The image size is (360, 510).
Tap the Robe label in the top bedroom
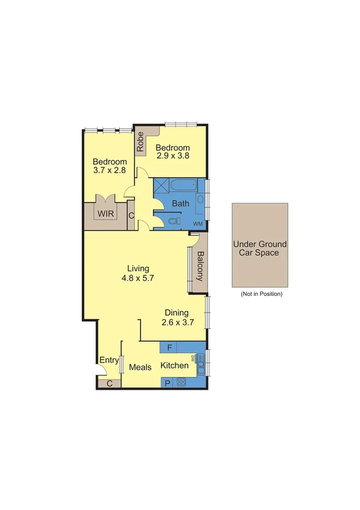coord(140,143)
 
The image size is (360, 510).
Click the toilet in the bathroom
coord(173,221)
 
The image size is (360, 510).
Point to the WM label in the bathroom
coord(198,224)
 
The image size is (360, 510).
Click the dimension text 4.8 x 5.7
coord(138,278)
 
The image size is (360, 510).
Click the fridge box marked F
coord(169,348)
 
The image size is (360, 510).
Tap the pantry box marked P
coord(168,382)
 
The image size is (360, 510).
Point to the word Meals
coord(140,367)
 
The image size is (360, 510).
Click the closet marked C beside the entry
coord(109,383)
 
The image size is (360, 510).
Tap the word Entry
coord(109,360)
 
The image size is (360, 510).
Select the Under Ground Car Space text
coord(260,249)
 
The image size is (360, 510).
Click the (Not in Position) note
coord(261,294)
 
